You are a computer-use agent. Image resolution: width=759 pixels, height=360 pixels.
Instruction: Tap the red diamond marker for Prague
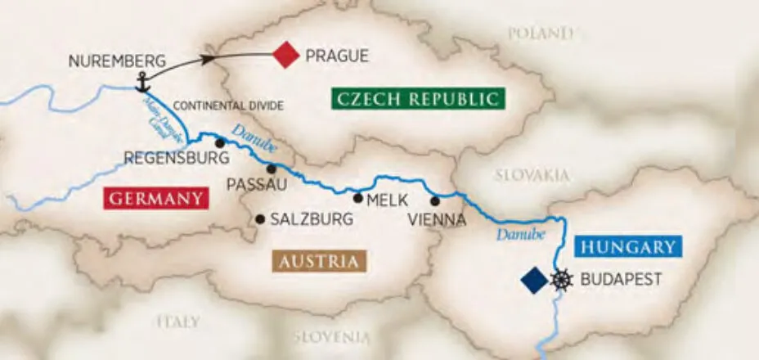(286, 56)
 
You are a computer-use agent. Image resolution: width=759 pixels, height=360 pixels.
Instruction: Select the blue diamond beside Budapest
(534, 280)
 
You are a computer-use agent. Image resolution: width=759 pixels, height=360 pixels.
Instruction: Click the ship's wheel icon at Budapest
(561, 280)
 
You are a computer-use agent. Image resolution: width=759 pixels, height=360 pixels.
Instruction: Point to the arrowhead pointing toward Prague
(209, 59)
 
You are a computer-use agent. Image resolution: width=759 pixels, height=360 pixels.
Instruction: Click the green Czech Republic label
(417, 100)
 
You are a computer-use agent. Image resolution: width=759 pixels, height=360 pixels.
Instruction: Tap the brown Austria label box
(318, 262)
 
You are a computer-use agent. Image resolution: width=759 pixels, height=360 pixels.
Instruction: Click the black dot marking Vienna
(435, 201)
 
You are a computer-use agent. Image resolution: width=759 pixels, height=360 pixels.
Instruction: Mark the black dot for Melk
(357, 197)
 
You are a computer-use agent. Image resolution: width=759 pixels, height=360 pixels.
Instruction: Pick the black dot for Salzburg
(260, 218)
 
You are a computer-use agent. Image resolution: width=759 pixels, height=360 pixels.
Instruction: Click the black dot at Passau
(271, 168)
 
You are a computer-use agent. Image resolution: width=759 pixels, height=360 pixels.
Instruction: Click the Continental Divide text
(228, 106)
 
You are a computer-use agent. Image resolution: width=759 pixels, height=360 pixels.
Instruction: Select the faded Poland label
(540, 34)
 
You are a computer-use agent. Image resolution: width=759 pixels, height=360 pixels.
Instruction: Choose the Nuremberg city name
(118, 61)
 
